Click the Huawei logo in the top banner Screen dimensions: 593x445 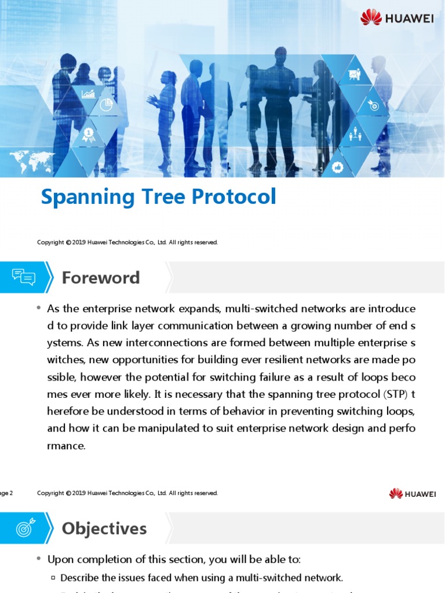coord(397,17)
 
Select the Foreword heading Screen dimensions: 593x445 coord(101,278)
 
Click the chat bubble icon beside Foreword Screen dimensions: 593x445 coord(24,277)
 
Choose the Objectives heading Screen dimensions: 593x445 coord(104,528)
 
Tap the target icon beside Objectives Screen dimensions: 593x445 coord(24,528)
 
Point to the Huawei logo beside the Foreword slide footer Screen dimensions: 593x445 coord(413,493)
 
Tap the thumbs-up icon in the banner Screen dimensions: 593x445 coord(338,167)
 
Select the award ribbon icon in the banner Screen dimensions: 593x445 coord(88,134)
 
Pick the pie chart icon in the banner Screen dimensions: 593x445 coord(106,105)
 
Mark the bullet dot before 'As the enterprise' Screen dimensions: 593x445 coord(38,308)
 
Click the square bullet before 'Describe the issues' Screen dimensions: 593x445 coord(53,577)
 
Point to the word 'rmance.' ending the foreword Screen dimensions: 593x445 coord(67,446)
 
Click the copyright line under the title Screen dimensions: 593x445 coord(127,243)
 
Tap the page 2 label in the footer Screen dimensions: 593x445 coord(6,493)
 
